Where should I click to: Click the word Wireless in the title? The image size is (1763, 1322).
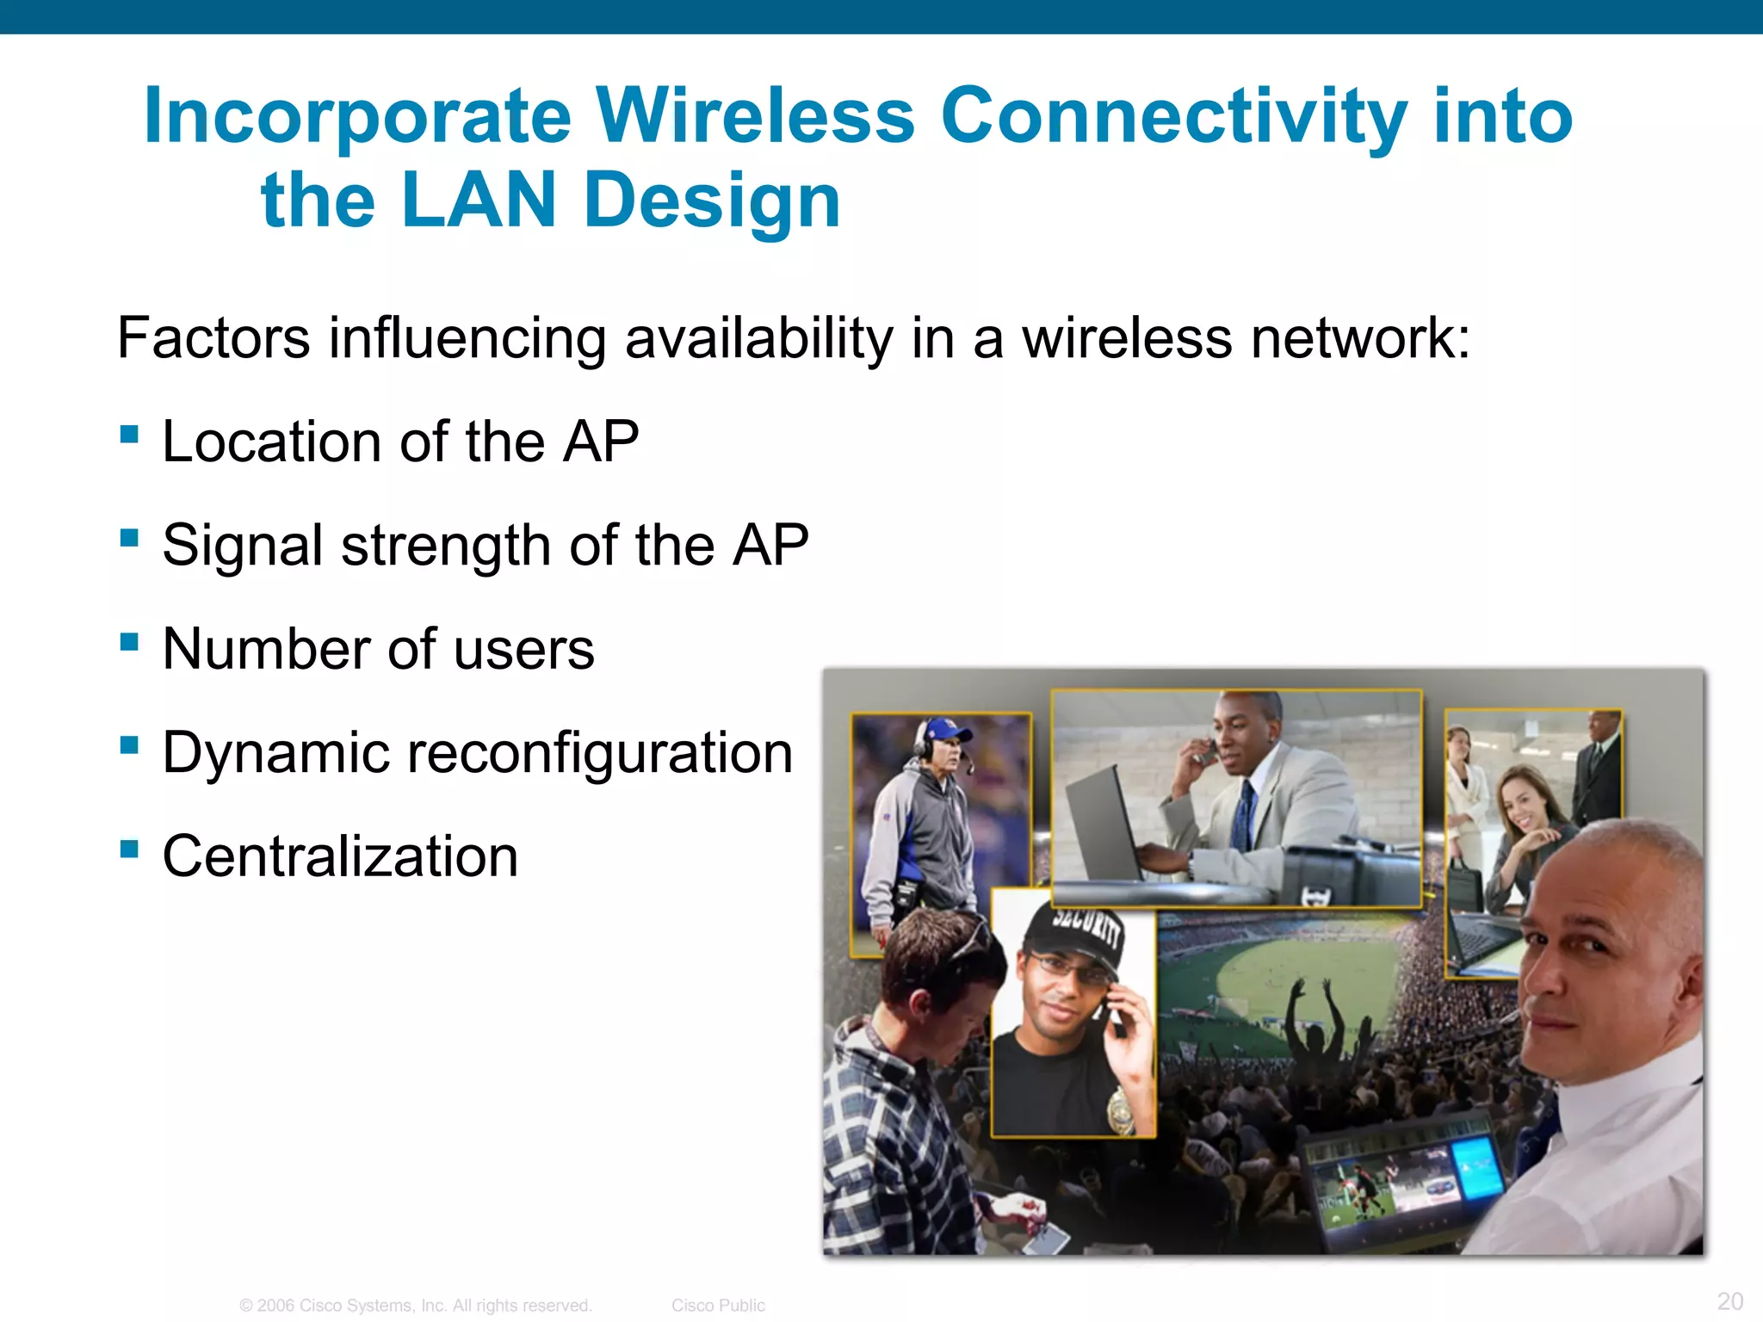click(x=755, y=116)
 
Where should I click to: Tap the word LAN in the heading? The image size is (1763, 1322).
click(x=479, y=201)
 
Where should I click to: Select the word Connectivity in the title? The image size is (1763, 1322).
click(x=1174, y=116)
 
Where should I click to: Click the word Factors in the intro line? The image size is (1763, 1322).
click(x=213, y=337)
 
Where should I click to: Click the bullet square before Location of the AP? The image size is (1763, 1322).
click(x=129, y=433)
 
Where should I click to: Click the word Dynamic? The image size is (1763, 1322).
click(x=275, y=753)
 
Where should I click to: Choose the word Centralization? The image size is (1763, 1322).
click(x=340, y=856)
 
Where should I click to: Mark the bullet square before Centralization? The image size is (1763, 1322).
click(x=129, y=849)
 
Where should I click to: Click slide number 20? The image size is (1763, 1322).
click(x=1729, y=1300)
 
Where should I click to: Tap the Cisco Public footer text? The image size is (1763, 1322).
click(x=718, y=1306)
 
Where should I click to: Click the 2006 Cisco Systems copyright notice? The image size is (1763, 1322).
click(x=416, y=1306)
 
